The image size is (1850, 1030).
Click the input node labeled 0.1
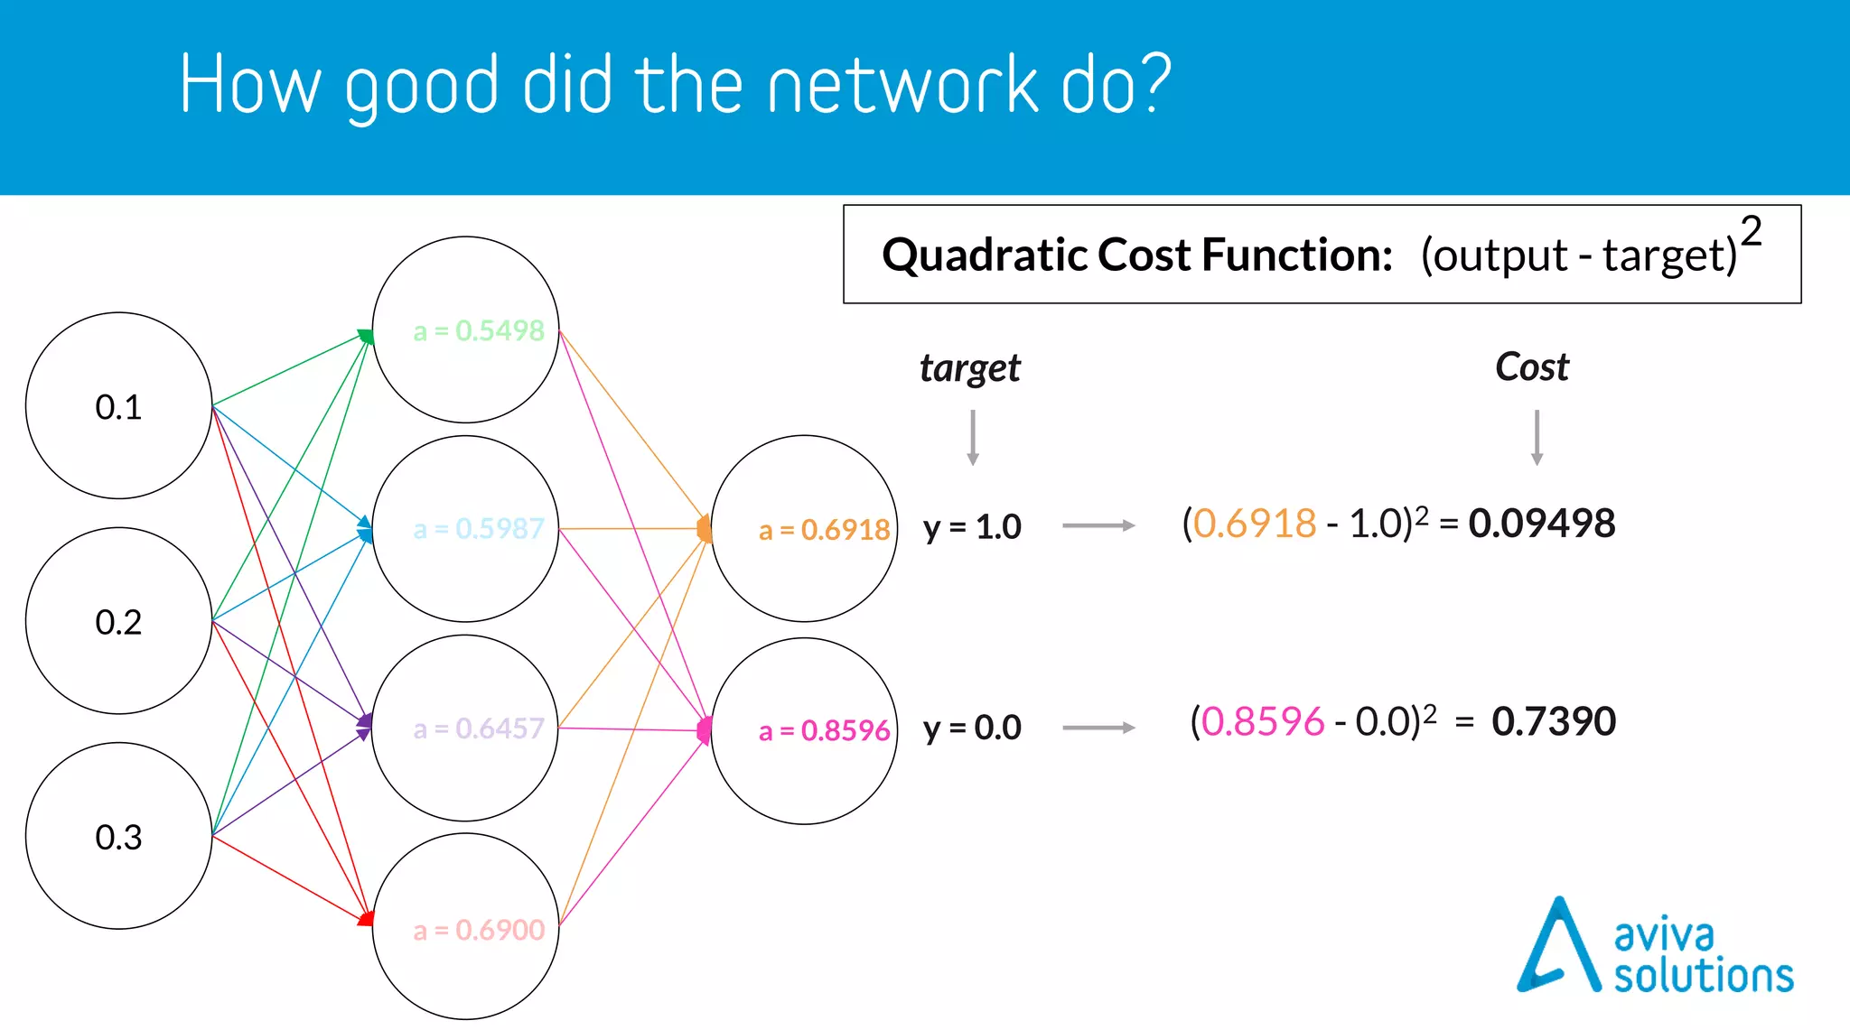tap(118, 406)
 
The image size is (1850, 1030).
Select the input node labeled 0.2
tap(118, 621)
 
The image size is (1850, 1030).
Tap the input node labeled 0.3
tap(118, 836)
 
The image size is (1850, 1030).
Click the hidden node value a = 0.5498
tap(478, 330)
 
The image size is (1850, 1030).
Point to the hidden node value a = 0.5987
tap(478, 528)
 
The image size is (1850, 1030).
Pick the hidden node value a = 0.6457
tap(478, 728)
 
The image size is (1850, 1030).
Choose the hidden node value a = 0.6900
tap(478, 929)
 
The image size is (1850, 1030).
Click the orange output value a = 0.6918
tap(824, 530)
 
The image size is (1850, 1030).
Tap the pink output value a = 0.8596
tap(824, 730)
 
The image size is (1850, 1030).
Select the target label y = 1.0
tap(971, 527)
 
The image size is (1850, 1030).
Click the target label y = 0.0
tap(971, 728)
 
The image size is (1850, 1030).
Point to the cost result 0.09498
tap(1541, 524)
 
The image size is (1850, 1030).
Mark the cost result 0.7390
tap(1553, 722)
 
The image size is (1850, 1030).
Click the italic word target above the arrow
tap(969, 368)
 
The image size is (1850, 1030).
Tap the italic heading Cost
tap(1532, 367)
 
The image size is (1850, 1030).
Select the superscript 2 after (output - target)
tap(1751, 232)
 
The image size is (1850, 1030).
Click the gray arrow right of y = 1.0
tap(1098, 525)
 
